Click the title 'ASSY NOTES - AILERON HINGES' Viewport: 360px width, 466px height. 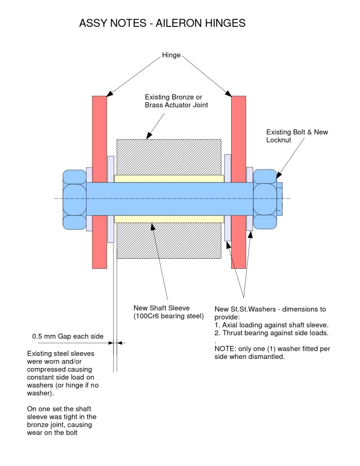click(x=162, y=23)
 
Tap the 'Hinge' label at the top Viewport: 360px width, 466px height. click(x=171, y=56)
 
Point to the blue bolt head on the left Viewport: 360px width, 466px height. click(x=74, y=199)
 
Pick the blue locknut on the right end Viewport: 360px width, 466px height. click(x=265, y=199)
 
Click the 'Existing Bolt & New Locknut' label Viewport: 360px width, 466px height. click(x=297, y=136)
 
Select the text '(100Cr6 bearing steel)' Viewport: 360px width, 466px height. click(x=168, y=316)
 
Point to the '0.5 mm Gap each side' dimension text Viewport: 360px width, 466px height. click(x=67, y=337)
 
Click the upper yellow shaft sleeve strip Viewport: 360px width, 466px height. click(x=168, y=179)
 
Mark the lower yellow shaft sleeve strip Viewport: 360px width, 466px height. click(x=168, y=219)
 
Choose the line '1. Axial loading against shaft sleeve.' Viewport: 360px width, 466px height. click(x=271, y=325)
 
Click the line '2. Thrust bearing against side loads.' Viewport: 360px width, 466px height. click(x=271, y=333)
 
